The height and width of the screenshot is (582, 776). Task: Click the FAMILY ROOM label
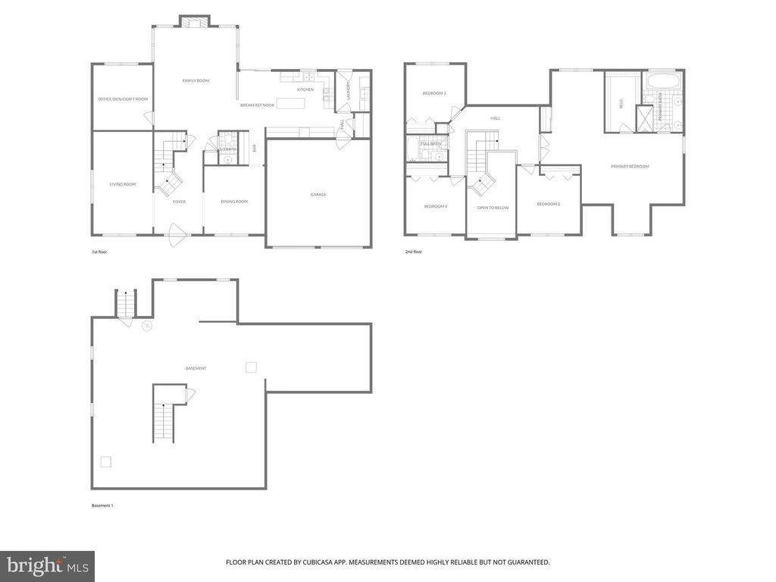pos(196,80)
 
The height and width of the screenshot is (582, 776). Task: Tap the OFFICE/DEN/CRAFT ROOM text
pos(123,99)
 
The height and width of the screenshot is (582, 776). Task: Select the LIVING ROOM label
pos(123,183)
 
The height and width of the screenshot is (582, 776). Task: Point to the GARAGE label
pos(318,194)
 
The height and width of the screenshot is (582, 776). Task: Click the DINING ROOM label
pos(234,201)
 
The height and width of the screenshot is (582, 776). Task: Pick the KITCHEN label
pos(305,89)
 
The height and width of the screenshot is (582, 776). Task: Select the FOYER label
pos(179,202)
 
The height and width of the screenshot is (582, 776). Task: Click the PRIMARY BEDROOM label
pos(630,166)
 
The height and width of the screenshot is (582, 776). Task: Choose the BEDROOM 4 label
pos(435,206)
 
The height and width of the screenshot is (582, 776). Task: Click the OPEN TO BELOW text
pos(493,207)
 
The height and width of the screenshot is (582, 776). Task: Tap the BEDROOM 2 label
pos(548,204)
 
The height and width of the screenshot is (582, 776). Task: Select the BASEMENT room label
pos(196,368)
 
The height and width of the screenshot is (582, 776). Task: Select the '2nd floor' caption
pos(413,252)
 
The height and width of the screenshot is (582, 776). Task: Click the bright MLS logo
pos(47,565)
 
